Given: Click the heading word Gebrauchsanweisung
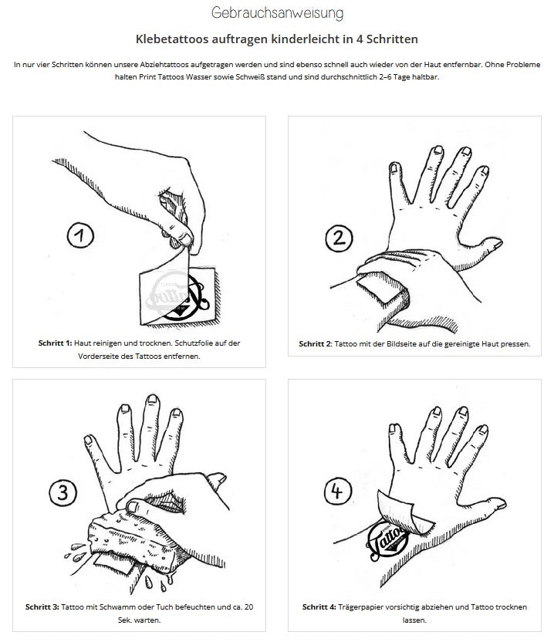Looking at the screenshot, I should pyautogui.click(x=277, y=13).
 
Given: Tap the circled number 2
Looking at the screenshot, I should pyautogui.click(x=339, y=239).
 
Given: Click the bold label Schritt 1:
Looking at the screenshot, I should pyautogui.click(x=55, y=342).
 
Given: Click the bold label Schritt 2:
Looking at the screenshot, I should pyautogui.click(x=316, y=343).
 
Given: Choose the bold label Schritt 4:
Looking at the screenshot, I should pyautogui.click(x=319, y=607).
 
